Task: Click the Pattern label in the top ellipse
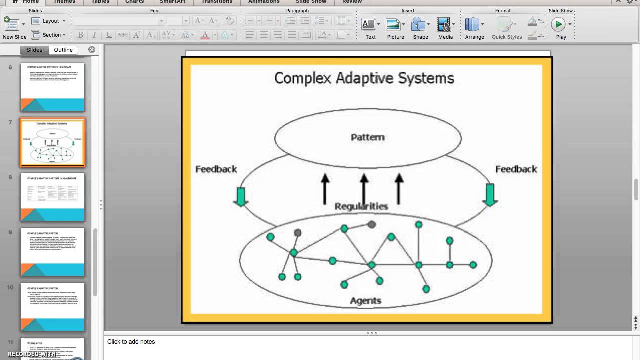368,137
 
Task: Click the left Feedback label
216,169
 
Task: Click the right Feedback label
516,169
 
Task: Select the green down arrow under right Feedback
489,195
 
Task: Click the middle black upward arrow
364,189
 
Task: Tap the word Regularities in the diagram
361,206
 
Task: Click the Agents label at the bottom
366,300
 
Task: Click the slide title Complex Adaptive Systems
364,78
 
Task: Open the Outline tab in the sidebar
63,50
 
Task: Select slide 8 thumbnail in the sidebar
52,197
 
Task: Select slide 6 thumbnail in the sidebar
52,87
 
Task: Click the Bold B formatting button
80,35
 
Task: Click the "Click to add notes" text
131,342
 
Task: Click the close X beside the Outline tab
92,50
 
